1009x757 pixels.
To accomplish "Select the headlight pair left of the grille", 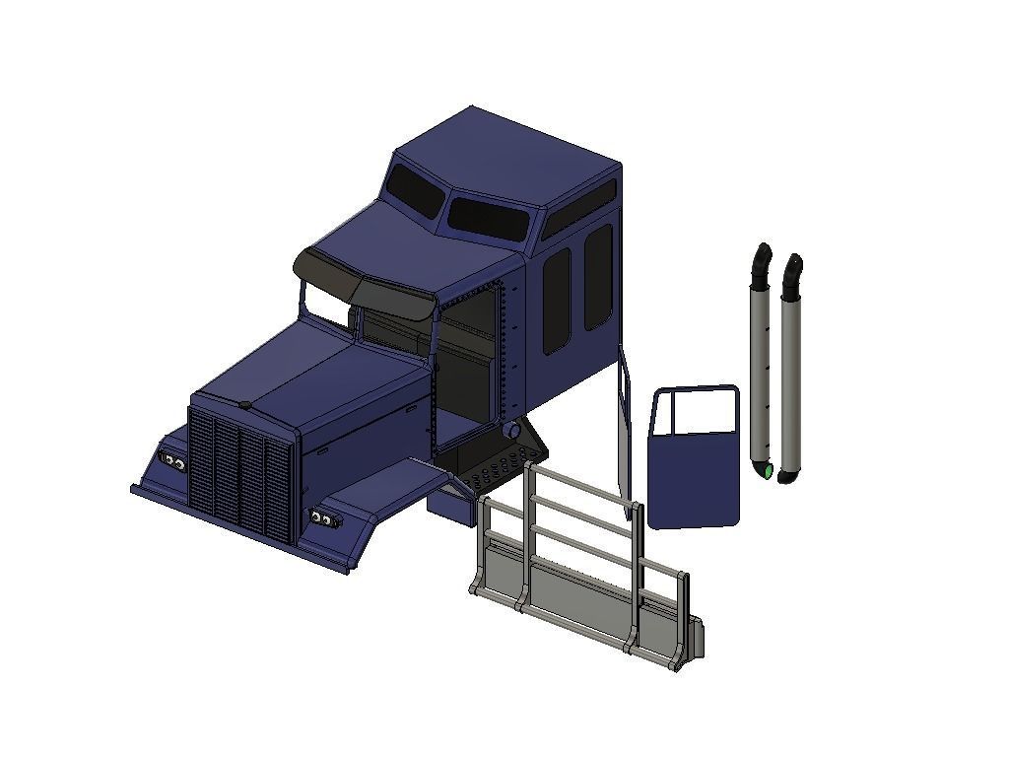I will point(173,462).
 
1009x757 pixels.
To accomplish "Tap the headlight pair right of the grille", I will point(321,518).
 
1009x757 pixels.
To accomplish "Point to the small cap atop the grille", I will point(243,404).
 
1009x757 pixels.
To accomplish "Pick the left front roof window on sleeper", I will point(416,190).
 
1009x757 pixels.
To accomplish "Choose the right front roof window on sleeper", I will point(488,218).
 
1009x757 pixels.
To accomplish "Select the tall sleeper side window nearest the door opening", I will point(557,300).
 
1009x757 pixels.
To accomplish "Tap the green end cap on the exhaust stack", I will point(768,472).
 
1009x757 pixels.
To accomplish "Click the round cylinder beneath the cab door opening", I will point(511,431).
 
